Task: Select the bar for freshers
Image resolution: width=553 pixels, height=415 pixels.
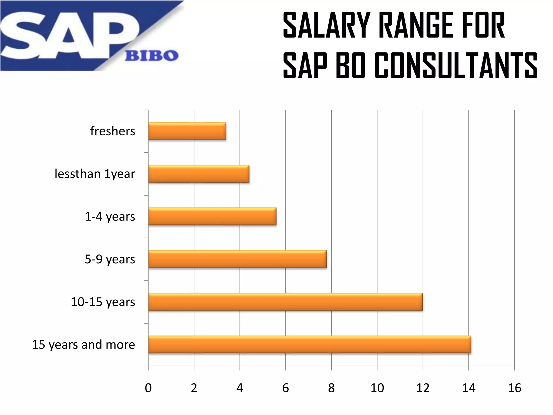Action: (187, 131)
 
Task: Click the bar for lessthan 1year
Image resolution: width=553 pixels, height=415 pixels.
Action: (199, 174)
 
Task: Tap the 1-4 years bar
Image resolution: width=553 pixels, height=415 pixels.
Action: (212, 216)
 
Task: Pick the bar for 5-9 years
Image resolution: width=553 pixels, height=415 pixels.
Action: (237, 259)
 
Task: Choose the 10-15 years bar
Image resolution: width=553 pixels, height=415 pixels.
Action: (285, 302)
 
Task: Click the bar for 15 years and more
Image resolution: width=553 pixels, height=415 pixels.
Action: (309, 344)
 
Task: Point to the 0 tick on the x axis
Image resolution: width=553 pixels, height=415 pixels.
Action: (148, 388)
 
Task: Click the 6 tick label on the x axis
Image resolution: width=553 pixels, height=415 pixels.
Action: (285, 388)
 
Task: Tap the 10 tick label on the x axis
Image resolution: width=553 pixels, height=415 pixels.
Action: (377, 388)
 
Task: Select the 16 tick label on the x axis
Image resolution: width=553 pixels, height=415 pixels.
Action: (514, 388)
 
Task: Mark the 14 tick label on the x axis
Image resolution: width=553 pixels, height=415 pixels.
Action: (468, 388)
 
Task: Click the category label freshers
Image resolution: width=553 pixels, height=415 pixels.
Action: (113, 131)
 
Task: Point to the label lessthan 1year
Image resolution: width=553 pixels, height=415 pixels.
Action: (95, 174)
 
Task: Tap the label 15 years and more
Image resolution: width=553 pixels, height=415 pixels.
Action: (83, 345)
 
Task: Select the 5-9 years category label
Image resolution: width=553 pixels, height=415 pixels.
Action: (110, 259)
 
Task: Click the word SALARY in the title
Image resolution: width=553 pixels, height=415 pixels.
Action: (326, 25)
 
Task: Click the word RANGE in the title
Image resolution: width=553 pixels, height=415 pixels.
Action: (416, 25)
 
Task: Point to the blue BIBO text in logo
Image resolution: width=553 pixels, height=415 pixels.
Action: (151, 56)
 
